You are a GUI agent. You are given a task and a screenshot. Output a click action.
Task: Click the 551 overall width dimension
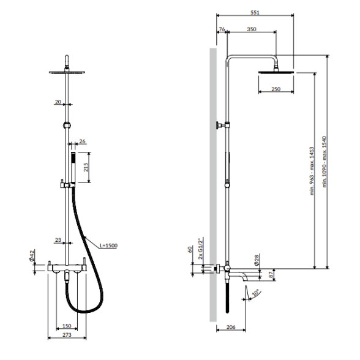[x=255, y=12]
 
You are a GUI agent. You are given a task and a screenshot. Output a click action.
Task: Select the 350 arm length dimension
[x=252, y=29]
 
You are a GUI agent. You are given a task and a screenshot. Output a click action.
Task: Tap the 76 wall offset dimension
[x=222, y=29]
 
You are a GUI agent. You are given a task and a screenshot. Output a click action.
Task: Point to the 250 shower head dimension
[x=276, y=89]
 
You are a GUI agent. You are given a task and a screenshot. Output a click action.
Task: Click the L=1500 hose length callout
[x=108, y=246]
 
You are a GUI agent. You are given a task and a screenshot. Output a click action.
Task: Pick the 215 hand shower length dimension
[x=86, y=167]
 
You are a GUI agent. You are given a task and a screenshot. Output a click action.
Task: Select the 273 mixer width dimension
[x=67, y=335]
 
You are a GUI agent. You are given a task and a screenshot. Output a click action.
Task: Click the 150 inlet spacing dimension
[x=67, y=326]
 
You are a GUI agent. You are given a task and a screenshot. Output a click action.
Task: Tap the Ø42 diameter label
[x=32, y=255]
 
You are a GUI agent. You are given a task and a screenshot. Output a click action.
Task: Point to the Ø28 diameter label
[x=257, y=260]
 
